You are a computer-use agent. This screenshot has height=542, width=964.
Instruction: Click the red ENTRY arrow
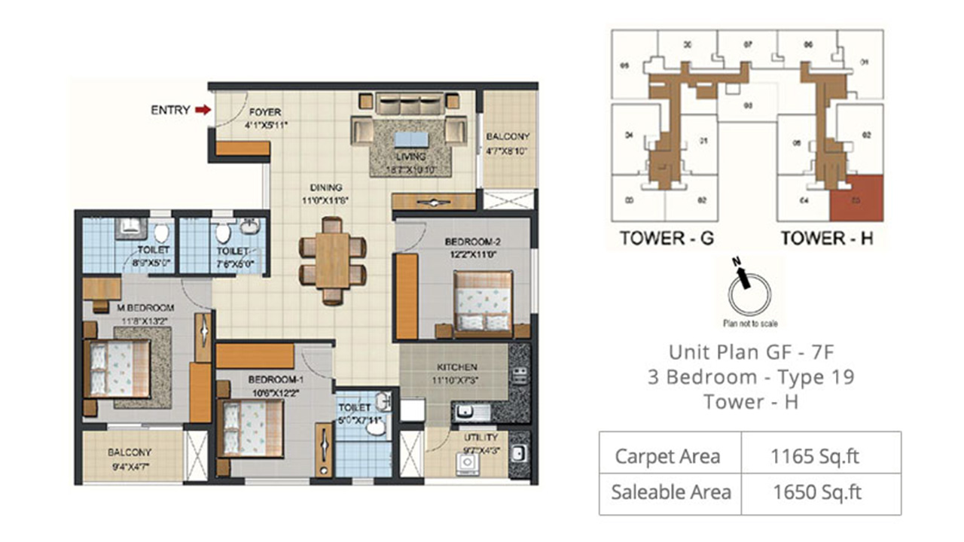tap(202, 110)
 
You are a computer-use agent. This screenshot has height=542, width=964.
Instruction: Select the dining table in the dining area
tap(332, 260)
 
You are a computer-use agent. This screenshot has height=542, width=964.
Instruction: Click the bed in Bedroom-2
tap(483, 300)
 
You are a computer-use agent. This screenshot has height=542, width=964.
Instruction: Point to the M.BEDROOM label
tap(145, 308)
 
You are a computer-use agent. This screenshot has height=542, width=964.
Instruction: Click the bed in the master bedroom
tap(117, 367)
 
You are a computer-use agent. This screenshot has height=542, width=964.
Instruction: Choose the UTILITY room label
tap(481, 437)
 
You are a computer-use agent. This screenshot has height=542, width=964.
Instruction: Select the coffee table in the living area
tap(410, 140)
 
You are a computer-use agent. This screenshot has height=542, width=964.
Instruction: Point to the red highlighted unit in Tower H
tap(856, 199)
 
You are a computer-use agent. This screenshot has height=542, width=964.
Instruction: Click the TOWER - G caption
tap(667, 239)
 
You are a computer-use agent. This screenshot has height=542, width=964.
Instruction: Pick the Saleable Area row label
tap(671, 492)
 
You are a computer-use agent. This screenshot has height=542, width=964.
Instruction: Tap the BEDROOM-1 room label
tap(274, 380)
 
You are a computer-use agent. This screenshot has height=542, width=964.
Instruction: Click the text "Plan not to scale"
tap(749, 324)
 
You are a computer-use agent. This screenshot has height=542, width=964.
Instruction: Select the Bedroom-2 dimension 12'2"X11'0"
tap(472, 254)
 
